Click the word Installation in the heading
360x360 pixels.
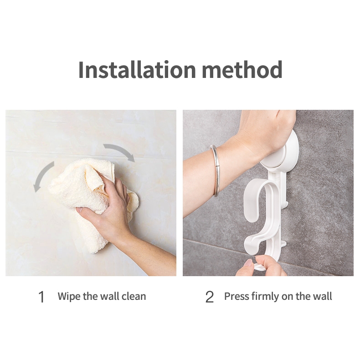coord(137,69)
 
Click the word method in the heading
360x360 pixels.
coord(242,69)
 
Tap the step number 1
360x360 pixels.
coord(41,297)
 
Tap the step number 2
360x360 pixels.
coord(209,297)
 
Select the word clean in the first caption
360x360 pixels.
coord(134,296)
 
